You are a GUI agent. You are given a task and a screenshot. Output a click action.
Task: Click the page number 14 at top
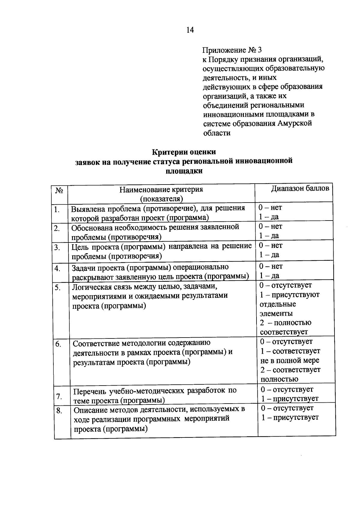190,30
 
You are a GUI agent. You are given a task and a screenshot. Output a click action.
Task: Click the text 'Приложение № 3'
232,50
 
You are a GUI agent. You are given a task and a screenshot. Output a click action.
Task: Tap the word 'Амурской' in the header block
295,123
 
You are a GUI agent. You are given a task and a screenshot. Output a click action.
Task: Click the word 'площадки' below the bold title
184,171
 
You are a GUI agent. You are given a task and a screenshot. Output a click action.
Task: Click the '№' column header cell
59,191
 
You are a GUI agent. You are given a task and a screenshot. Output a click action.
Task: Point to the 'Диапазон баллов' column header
300,188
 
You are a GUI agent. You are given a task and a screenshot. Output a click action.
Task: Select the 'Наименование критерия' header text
161,190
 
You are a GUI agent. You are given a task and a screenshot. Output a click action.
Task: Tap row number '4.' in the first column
58,269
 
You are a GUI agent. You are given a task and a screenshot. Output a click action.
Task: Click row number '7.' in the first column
59,396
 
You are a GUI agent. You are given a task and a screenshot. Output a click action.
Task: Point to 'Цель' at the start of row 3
79,247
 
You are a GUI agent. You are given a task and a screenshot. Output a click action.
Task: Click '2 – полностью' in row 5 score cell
286,323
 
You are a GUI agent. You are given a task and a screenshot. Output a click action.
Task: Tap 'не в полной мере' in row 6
289,360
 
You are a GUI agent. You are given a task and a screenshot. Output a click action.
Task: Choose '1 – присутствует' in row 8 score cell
290,417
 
